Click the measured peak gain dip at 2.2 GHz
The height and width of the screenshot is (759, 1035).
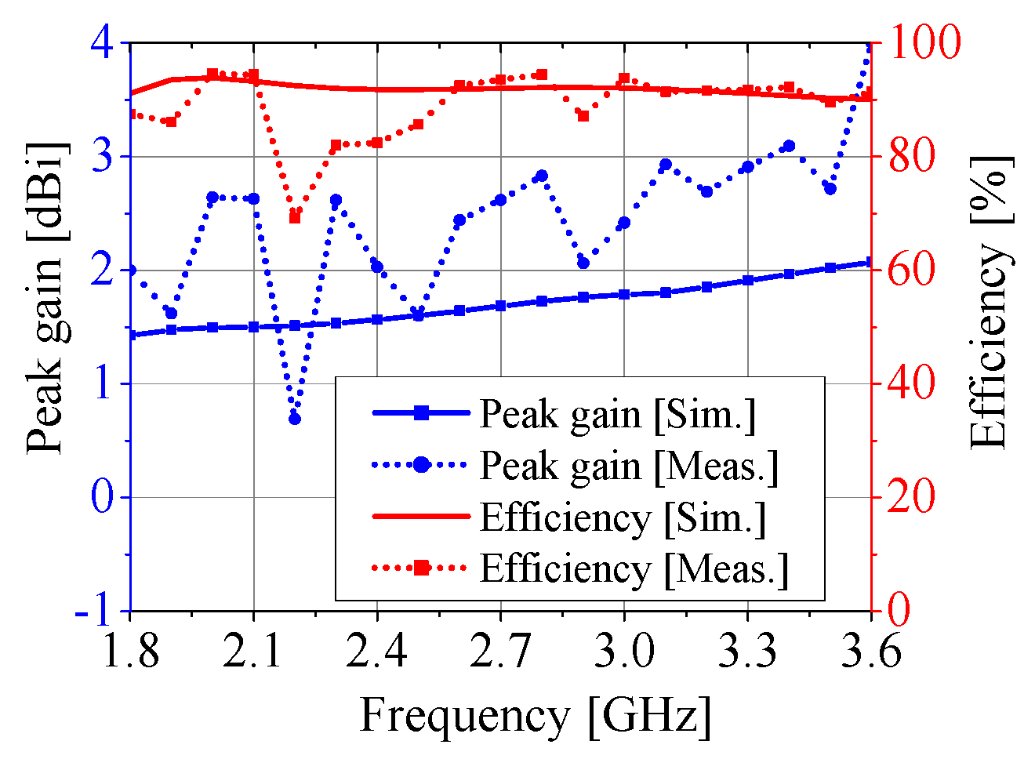[295, 419]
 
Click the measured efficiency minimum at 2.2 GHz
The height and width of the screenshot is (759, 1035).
[295, 217]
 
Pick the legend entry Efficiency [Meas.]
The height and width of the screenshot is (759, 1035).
[634, 568]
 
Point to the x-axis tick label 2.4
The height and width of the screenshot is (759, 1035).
[377, 651]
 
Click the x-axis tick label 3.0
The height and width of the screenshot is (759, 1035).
[624, 651]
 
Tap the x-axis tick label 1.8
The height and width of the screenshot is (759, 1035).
[130, 651]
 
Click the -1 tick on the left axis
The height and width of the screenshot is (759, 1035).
[94, 610]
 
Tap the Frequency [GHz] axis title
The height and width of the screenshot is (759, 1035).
[536, 716]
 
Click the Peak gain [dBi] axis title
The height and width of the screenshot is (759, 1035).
[45, 298]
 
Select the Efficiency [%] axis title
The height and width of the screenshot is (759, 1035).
[990, 302]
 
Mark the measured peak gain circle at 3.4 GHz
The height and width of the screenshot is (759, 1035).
[789, 147]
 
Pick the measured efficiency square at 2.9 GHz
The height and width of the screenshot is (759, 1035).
[583, 116]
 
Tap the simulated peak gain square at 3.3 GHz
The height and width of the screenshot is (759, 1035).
[748, 280]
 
